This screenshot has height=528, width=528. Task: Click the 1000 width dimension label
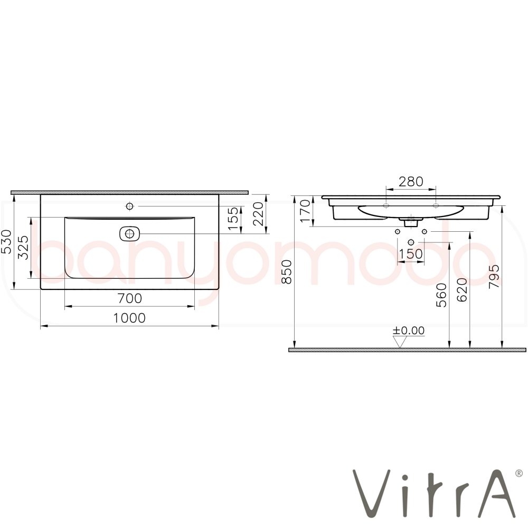129,318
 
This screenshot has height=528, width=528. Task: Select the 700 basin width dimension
130,298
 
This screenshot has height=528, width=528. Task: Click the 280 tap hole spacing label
411,182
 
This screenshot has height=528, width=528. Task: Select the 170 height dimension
305,211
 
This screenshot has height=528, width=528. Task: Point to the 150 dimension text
410,253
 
